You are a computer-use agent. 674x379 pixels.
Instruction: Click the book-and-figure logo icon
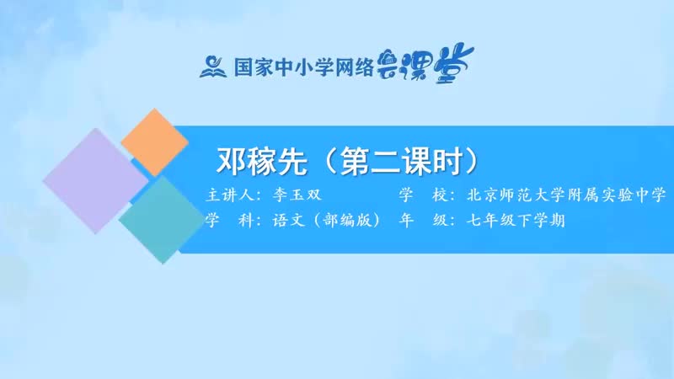pos(213,67)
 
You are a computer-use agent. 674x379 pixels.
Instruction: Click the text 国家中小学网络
pos(303,67)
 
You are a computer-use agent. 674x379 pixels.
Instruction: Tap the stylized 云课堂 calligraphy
pos(425,64)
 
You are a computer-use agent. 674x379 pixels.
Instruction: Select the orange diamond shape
pos(154,142)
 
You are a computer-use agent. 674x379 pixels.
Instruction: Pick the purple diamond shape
pos(96,181)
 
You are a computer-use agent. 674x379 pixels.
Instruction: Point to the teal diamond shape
pos(163,220)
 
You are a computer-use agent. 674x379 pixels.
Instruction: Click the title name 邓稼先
pos(262,162)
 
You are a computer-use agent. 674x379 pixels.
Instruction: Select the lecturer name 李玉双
pos(297,195)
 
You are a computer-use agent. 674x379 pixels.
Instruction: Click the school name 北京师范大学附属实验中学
pos(566,195)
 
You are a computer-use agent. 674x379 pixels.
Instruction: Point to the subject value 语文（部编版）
pos(327,221)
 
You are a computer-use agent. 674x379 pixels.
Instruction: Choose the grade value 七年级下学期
pos(516,221)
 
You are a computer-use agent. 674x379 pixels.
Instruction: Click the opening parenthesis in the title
pos(328,162)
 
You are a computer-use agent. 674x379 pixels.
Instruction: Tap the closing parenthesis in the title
pos(472,162)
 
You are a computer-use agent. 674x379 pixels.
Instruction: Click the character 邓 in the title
pos(231,162)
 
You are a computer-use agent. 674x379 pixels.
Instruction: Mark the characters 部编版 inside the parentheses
pos(347,221)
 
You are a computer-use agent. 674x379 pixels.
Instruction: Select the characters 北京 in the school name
pos(483,195)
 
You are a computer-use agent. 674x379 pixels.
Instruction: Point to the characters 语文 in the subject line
pos(288,221)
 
